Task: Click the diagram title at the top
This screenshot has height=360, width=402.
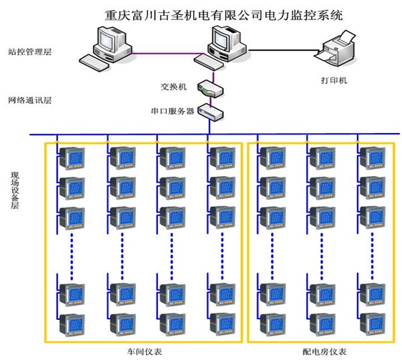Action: (x=224, y=15)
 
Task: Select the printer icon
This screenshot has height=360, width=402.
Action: (x=335, y=49)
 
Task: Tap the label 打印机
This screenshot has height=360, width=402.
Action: (x=334, y=80)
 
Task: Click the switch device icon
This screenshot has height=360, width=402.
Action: (x=210, y=89)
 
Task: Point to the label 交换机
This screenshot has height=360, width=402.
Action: (x=174, y=87)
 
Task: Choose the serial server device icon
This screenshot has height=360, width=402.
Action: (x=211, y=112)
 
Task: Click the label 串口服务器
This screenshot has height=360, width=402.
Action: (x=172, y=111)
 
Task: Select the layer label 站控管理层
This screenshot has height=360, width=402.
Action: (x=30, y=52)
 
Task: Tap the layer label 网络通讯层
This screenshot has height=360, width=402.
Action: (x=30, y=100)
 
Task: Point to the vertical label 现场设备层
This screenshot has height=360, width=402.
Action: (x=15, y=190)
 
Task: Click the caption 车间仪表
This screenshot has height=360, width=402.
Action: (x=144, y=351)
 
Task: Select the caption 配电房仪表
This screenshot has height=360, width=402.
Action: (x=324, y=351)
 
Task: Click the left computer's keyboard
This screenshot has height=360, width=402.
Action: (x=94, y=62)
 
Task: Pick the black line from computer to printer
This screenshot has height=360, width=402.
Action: (x=285, y=50)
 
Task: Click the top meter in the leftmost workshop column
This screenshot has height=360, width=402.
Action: (x=72, y=157)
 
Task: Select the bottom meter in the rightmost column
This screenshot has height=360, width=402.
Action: (x=373, y=323)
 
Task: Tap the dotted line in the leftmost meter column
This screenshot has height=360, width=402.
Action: (x=72, y=256)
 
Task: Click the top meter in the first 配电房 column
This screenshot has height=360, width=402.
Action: (x=273, y=157)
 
